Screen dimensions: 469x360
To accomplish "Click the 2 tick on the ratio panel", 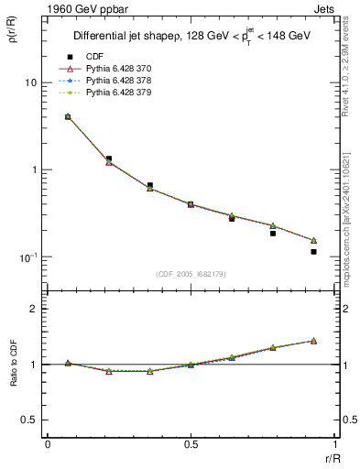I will tap(34, 309).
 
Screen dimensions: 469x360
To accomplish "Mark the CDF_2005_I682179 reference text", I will tap(191, 275).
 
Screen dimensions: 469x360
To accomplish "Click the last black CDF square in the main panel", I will tap(313, 251).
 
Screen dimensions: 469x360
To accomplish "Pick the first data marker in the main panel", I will tap(68, 116).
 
